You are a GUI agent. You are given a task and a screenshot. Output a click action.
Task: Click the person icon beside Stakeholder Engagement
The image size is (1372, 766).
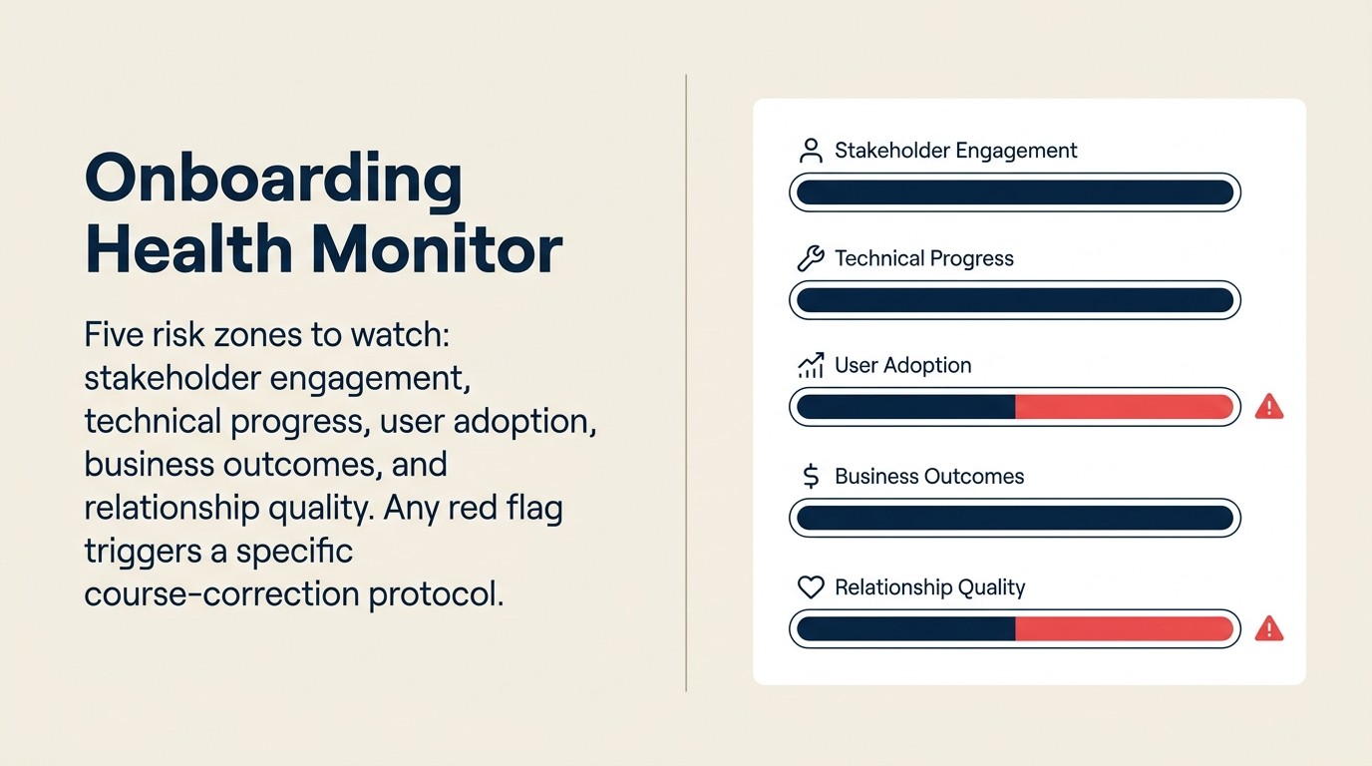point(811,152)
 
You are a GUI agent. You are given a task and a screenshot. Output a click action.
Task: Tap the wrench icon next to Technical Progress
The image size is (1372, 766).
point(811,259)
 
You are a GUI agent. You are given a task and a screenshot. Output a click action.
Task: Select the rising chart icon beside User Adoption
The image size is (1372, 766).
point(811,366)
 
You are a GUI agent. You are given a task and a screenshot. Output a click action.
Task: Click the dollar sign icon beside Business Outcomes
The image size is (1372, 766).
point(811,477)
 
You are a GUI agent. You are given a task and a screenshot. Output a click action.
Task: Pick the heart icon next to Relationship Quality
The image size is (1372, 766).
point(811,587)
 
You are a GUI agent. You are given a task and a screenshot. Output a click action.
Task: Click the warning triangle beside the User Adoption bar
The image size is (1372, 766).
point(1268,406)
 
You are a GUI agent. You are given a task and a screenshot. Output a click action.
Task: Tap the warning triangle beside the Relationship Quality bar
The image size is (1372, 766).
point(1268,628)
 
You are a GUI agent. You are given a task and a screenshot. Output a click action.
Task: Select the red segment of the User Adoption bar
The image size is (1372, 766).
point(1124,407)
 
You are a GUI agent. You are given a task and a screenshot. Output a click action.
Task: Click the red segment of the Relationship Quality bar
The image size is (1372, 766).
point(1124,628)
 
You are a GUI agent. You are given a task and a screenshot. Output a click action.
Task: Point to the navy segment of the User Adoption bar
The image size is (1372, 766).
point(905,407)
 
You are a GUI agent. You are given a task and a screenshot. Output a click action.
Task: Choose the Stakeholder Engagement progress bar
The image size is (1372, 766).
point(1014,192)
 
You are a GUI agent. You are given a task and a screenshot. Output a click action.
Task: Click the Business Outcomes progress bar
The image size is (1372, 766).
point(1014,518)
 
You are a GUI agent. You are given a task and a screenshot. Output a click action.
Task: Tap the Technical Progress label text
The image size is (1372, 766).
point(923,259)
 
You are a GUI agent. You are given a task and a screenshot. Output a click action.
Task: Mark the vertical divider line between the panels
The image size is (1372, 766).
point(686,383)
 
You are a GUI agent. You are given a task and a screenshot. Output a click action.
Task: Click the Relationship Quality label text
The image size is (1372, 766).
point(929,587)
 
